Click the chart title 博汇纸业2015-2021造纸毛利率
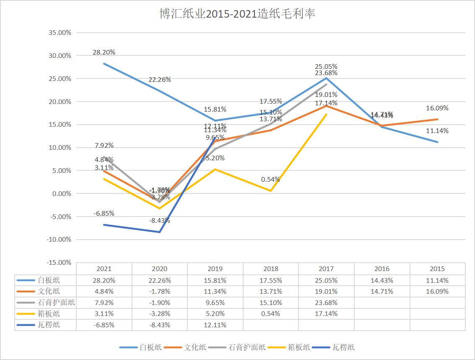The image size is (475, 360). pyautogui.click(x=237, y=14)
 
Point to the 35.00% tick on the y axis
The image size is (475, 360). pyautogui.click(x=60, y=33)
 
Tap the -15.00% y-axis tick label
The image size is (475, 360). pyautogui.click(x=60, y=262)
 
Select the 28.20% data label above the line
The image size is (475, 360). pyautogui.click(x=104, y=52)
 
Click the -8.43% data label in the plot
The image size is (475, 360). pyautogui.click(x=160, y=220)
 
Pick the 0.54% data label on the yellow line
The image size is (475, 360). pyautogui.click(x=270, y=180)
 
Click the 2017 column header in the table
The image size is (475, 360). pyautogui.click(x=326, y=269)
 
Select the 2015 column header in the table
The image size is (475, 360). pyautogui.click(x=437, y=269)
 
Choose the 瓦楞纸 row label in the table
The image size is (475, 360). pyautogui.click(x=49, y=325)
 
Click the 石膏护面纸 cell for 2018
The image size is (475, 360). pyautogui.click(x=270, y=303)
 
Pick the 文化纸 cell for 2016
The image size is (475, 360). pyautogui.click(x=382, y=291)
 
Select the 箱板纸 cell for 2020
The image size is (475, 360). pyautogui.click(x=160, y=314)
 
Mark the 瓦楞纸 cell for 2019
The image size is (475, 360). pyautogui.click(x=215, y=325)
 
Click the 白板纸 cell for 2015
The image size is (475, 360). pyautogui.click(x=437, y=280)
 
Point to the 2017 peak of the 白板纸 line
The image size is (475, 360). pyautogui.click(x=326, y=78)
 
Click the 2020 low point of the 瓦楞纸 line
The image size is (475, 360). pyautogui.click(x=160, y=232)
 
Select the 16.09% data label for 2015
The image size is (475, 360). pyautogui.click(x=437, y=108)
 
